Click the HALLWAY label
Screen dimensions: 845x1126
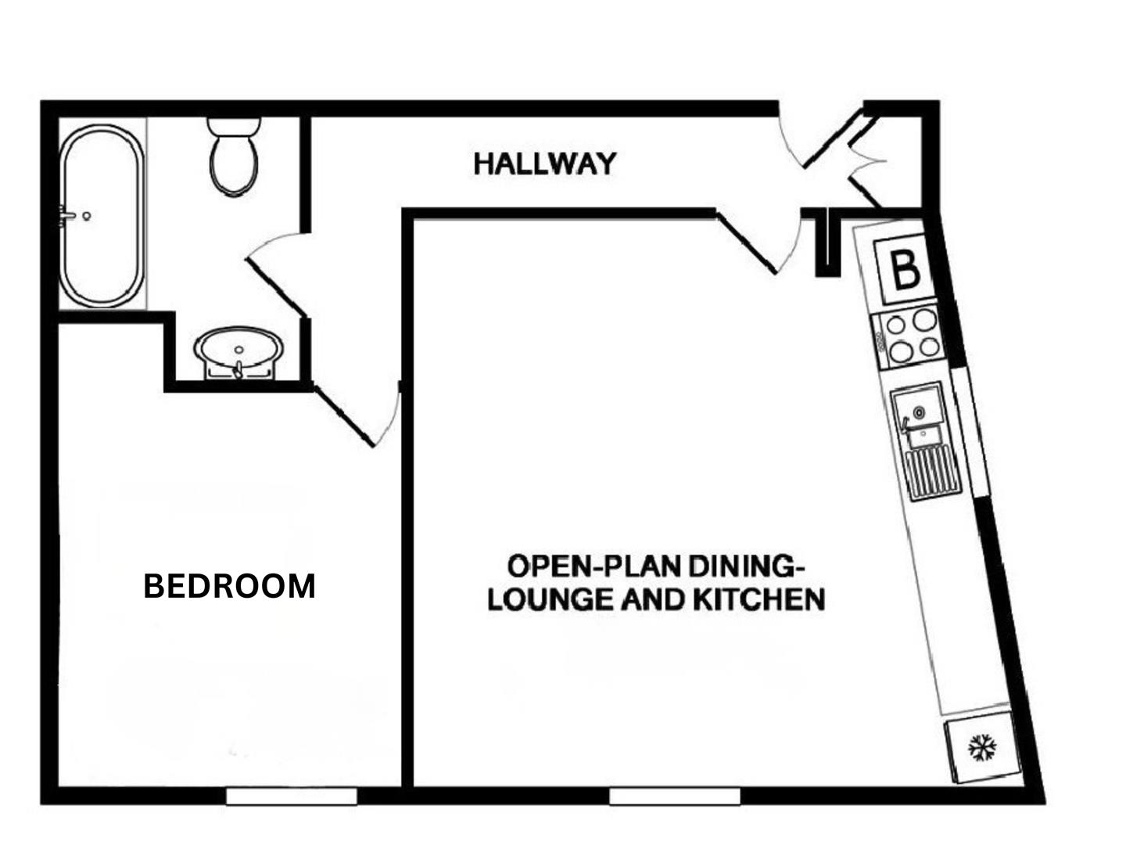coord(545,164)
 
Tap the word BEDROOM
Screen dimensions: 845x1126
coord(229,586)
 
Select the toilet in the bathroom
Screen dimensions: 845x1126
coord(234,157)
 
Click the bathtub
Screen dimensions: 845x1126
coord(102,215)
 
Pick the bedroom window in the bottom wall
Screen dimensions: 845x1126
coord(292,796)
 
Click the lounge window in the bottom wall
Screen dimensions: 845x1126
coord(675,796)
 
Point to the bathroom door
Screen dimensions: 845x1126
coord(278,274)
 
